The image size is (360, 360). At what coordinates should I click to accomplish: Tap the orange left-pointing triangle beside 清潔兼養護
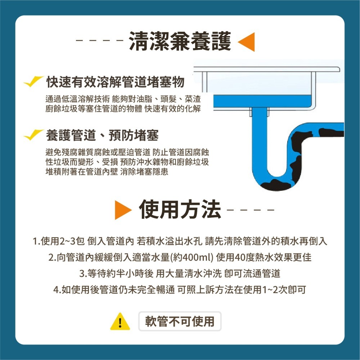[x=247, y=42]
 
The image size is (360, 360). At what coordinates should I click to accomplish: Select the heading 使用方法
[x=180, y=210]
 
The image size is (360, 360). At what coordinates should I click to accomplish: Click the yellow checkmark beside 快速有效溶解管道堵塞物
[x=34, y=82]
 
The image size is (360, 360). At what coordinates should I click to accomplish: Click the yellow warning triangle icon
[x=120, y=321]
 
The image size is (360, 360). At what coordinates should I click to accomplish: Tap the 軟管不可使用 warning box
[x=180, y=321]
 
